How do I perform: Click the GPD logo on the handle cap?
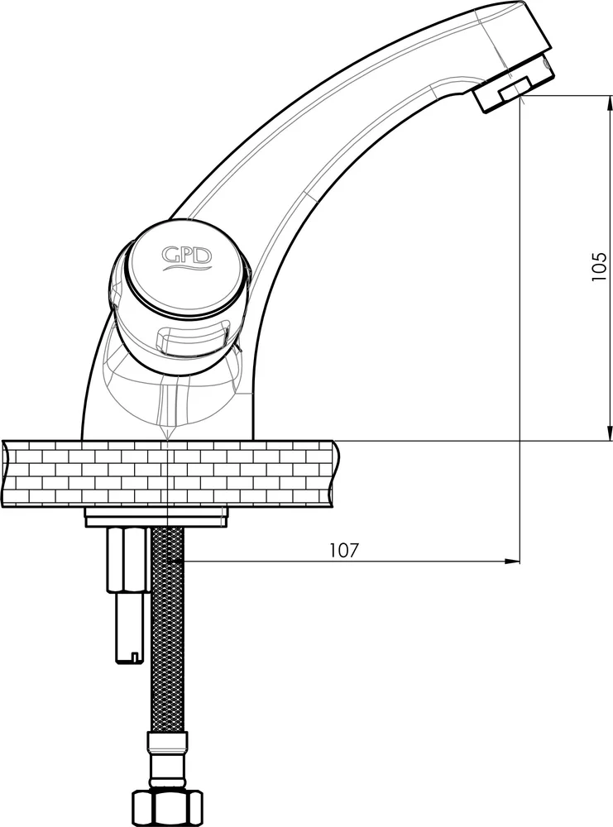point(186,259)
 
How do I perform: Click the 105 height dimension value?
point(599,266)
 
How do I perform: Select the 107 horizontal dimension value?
point(344,550)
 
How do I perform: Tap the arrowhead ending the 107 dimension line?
point(512,562)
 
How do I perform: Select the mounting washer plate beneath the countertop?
point(156,518)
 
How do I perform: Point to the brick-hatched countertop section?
point(170,474)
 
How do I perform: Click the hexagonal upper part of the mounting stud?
point(126,559)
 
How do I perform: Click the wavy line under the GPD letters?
point(186,268)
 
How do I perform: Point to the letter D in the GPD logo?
point(204,256)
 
